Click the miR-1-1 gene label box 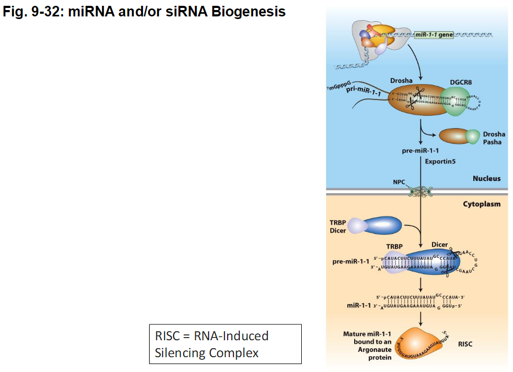pyautogui.click(x=434, y=35)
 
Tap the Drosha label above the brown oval pyautogui.click(x=401, y=80)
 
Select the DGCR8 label pyautogui.click(x=461, y=82)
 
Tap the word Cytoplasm pyautogui.click(x=482, y=204)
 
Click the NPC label pyautogui.click(x=399, y=182)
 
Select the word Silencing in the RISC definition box pyautogui.click(x=179, y=352)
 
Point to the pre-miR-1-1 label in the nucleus pyautogui.click(x=420, y=151)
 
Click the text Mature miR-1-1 pyautogui.click(x=367, y=334)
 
